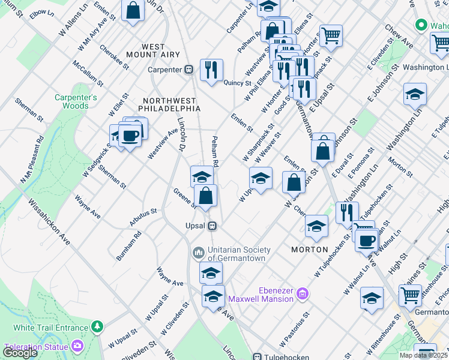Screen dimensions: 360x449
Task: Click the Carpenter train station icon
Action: pos(188,70)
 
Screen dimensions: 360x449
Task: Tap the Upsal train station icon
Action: pos(211,226)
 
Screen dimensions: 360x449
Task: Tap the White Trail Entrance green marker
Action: pos(96,327)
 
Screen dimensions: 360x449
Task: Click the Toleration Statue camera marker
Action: pos(77,346)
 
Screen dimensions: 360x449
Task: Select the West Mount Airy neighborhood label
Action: pos(161,50)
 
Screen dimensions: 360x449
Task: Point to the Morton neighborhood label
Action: pos(309,249)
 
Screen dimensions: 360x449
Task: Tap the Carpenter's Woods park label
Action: pos(76,101)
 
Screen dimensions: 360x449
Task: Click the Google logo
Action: pos(20,352)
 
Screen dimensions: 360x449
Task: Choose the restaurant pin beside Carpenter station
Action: pos(211,70)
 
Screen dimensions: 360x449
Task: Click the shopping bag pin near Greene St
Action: pos(205,195)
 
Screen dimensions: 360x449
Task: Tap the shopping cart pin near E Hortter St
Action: pos(331,35)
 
